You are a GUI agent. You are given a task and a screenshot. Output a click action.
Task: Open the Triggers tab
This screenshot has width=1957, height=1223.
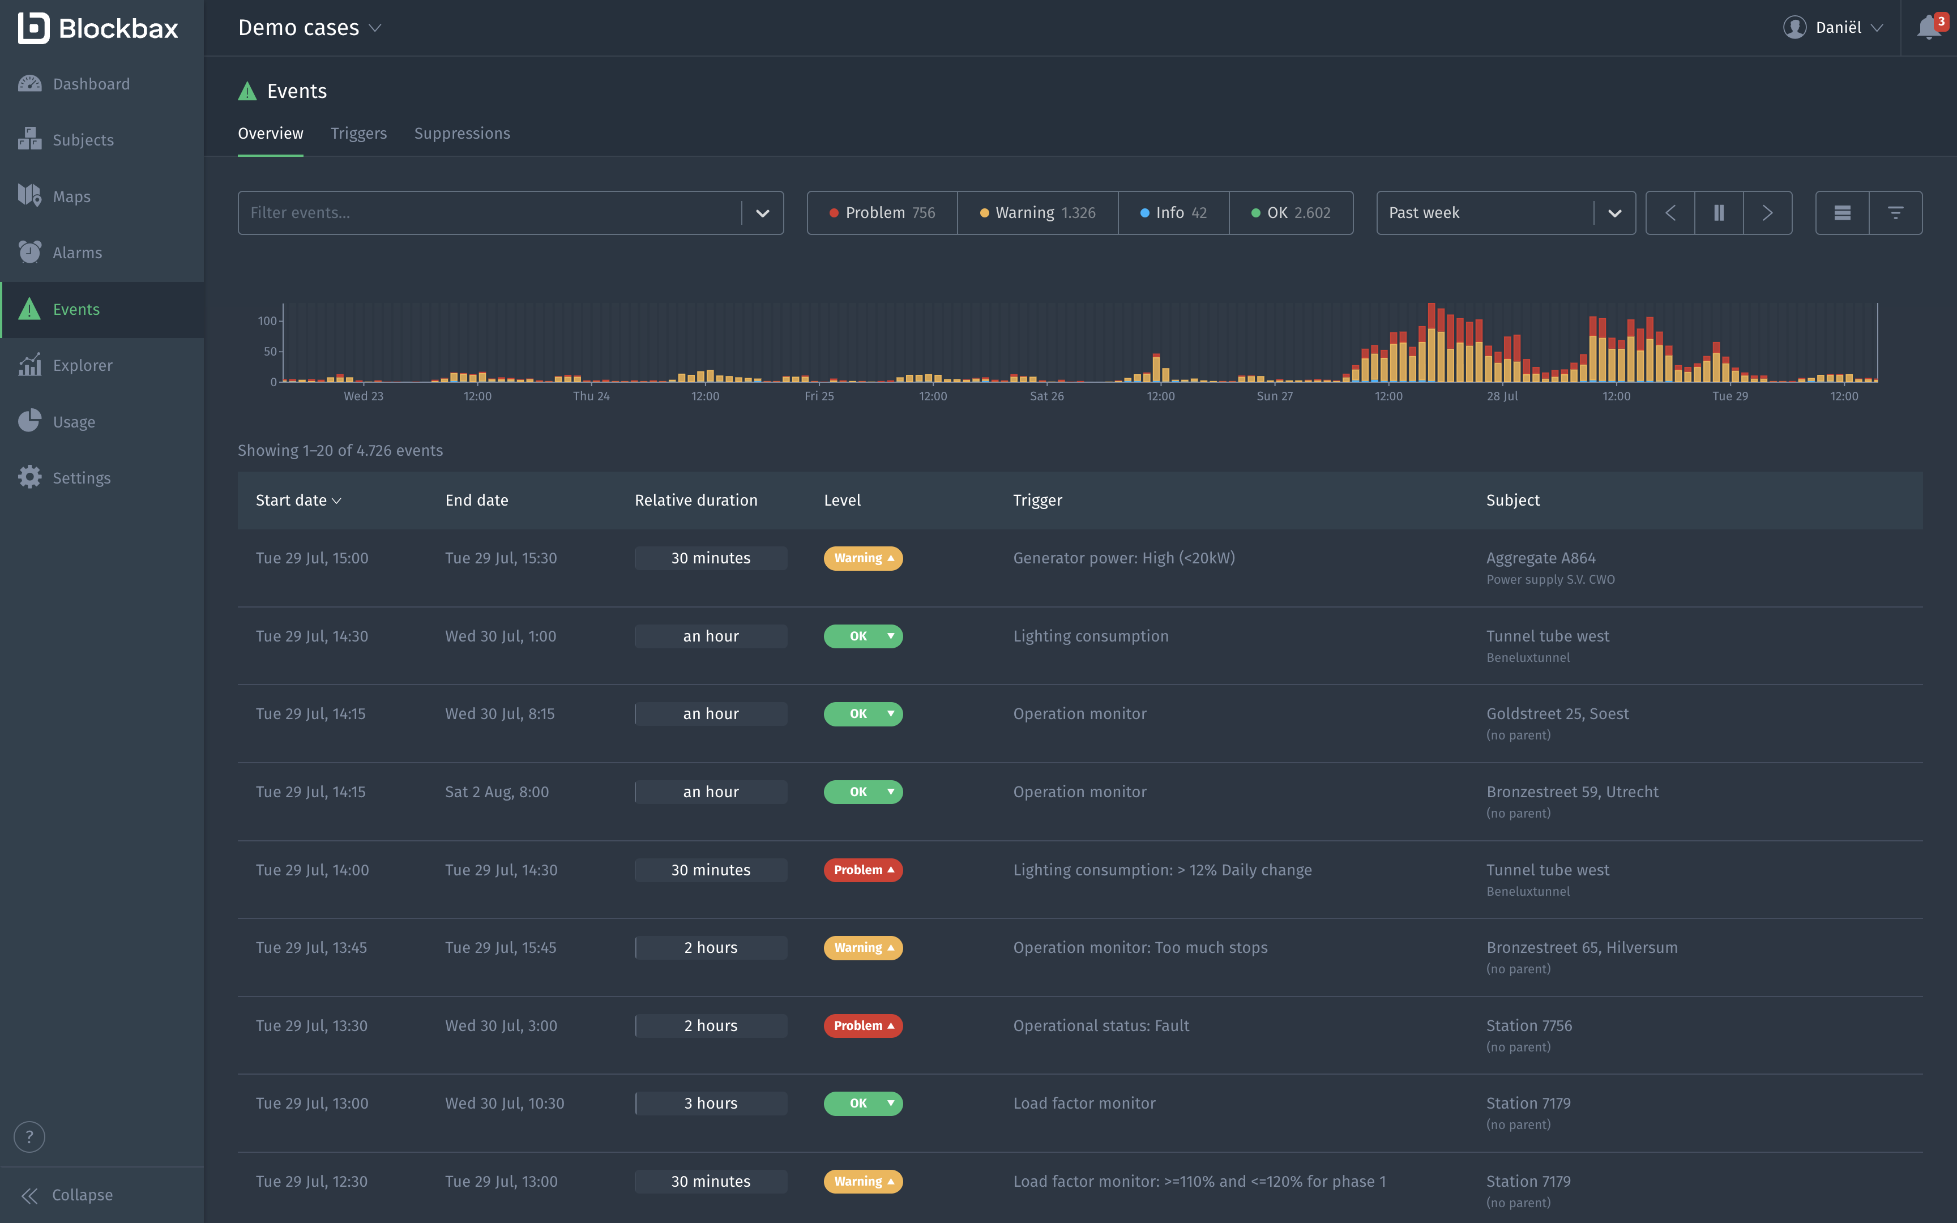pyautogui.click(x=358, y=134)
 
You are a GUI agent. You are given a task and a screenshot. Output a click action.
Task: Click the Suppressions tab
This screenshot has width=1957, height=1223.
pyautogui.click(x=462, y=134)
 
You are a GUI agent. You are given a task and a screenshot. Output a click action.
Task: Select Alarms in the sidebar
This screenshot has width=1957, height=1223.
pyautogui.click(x=77, y=253)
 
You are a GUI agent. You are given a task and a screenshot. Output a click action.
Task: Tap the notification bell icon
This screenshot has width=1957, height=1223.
pyautogui.click(x=1928, y=28)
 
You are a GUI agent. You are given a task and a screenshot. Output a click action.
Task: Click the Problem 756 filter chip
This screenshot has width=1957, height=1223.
pyautogui.click(x=882, y=213)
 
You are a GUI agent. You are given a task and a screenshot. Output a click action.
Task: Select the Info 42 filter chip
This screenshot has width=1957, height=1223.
pyautogui.click(x=1173, y=213)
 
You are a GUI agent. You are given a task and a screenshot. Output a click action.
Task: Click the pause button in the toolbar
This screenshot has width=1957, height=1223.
pyautogui.click(x=1719, y=213)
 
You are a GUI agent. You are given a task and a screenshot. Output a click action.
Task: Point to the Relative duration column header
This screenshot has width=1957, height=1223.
pyautogui.click(x=695, y=501)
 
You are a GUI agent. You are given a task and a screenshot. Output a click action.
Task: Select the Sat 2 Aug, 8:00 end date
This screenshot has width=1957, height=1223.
pyautogui.click(x=497, y=792)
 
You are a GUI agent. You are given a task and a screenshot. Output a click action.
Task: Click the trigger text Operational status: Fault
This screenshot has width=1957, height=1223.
pyautogui.click(x=1101, y=1025)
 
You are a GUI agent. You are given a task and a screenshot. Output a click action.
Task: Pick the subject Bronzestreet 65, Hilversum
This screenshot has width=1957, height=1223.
pyautogui.click(x=1581, y=947)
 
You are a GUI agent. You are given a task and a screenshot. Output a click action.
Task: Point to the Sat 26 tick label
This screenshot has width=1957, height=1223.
pyautogui.click(x=1046, y=396)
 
